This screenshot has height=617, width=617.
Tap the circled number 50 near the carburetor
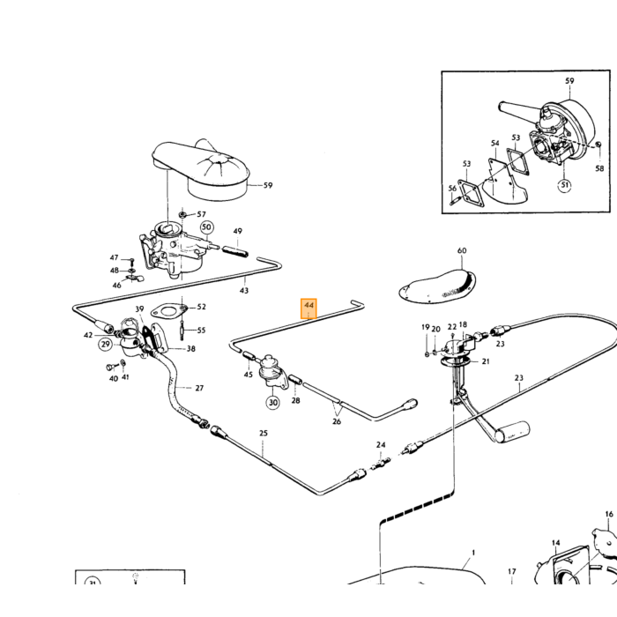207,227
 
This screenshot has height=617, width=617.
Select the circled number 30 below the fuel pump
273,402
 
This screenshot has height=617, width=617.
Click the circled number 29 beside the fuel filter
106,345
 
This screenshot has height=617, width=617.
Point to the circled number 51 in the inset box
565,185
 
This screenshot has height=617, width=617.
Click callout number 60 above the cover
462,250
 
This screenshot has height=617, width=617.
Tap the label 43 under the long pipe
244,290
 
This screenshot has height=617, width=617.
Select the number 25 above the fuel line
264,434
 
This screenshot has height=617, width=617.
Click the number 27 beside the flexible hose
199,388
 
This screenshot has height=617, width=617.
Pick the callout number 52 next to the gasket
202,307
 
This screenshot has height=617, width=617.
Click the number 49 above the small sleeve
238,231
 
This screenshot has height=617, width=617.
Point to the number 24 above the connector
381,444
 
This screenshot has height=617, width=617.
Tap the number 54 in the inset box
495,143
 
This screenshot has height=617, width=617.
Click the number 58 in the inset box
598,168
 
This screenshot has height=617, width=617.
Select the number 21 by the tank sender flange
486,361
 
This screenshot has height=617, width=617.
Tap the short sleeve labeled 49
235,252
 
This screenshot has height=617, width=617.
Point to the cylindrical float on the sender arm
512,431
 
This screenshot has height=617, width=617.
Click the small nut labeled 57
182,215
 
